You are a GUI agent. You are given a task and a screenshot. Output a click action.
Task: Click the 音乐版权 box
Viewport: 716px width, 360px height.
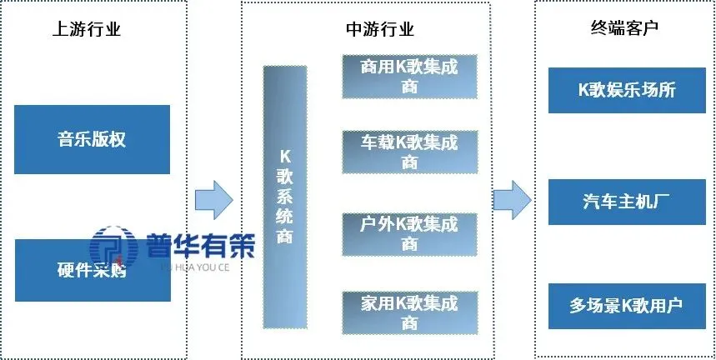tap(93, 139)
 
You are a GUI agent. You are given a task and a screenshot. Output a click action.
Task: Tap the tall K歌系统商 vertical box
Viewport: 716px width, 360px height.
tap(284, 197)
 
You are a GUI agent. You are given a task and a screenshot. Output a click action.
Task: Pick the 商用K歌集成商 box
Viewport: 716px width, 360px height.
tap(409, 76)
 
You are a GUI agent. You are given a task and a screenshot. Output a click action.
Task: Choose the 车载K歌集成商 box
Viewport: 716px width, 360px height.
tap(409, 152)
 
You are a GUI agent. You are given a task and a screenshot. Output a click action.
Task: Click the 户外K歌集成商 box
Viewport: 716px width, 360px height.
tap(409, 233)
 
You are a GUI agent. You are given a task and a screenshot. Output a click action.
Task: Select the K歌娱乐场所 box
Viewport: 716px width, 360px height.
tap(626, 90)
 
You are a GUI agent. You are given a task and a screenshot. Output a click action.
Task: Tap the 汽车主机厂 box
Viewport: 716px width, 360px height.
tap(626, 202)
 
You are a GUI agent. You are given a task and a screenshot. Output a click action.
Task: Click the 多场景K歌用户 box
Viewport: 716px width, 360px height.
tap(626, 305)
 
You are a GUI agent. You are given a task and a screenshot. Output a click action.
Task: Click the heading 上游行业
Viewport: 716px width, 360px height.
tap(87, 30)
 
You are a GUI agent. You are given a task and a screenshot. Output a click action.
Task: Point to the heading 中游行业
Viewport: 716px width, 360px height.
tap(379, 30)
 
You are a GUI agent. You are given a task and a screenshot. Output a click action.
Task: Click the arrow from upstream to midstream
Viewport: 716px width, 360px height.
tap(213, 199)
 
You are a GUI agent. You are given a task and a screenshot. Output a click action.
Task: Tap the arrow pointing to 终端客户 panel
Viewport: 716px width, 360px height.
tap(512, 199)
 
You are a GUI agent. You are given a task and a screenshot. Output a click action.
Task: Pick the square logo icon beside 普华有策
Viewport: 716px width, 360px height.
tap(114, 248)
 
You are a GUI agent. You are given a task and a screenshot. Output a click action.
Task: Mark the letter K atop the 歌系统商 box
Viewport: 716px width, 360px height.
tap(284, 156)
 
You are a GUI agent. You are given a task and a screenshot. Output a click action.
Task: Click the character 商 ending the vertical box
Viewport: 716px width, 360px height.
tap(284, 238)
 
